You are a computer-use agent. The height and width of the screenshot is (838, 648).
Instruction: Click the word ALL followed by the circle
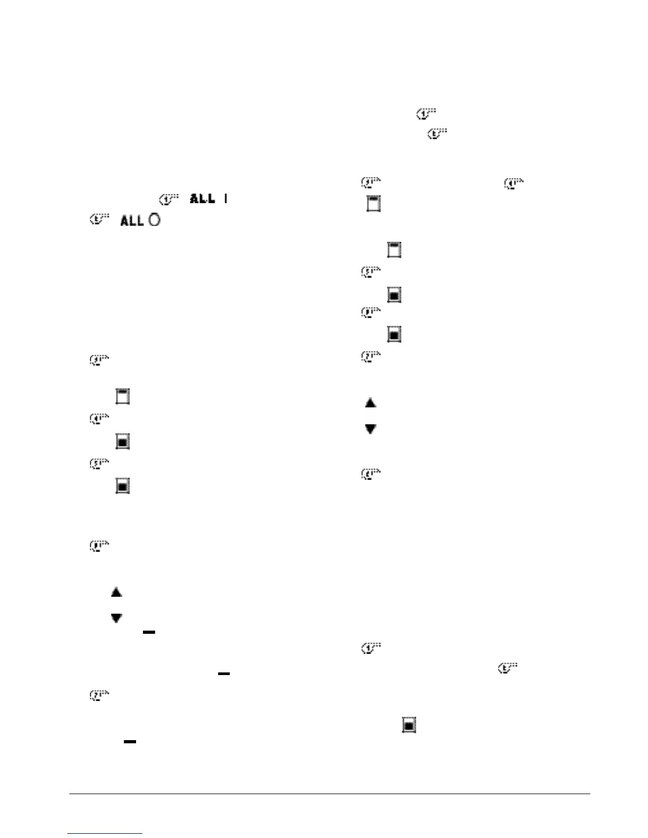pyautogui.click(x=132, y=221)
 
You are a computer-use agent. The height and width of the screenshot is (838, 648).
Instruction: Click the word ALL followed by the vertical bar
pyautogui.click(x=203, y=199)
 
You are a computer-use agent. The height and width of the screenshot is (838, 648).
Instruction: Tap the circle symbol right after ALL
pyautogui.click(x=154, y=221)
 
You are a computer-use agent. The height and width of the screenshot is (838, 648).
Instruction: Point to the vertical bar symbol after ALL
pyautogui.click(x=226, y=199)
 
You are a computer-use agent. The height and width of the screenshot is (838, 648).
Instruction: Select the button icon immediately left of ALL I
pyautogui.click(x=168, y=199)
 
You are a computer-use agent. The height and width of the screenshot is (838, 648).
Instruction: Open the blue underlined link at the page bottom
pyautogui.click(x=105, y=834)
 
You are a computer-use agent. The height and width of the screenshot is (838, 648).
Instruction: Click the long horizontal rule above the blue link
pyautogui.click(x=329, y=794)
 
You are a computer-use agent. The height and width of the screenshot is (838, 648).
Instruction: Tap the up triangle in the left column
pyautogui.click(x=116, y=592)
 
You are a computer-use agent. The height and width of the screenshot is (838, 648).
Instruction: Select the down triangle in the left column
pyautogui.click(x=116, y=617)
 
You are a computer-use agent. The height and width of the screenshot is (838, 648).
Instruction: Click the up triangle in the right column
pyautogui.click(x=371, y=403)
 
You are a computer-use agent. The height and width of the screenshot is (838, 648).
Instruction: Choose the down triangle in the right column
pyautogui.click(x=371, y=429)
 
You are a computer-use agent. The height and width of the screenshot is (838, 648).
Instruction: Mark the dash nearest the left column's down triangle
pyautogui.click(x=149, y=632)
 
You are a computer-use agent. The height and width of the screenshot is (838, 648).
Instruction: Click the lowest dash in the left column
pyautogui.click(x=130, y=742)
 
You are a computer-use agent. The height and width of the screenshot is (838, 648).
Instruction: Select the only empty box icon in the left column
pyautogui.click(x=123, y=397)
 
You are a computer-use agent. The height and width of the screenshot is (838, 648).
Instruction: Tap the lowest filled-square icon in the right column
pyautogui.click(x=409, y=725)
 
